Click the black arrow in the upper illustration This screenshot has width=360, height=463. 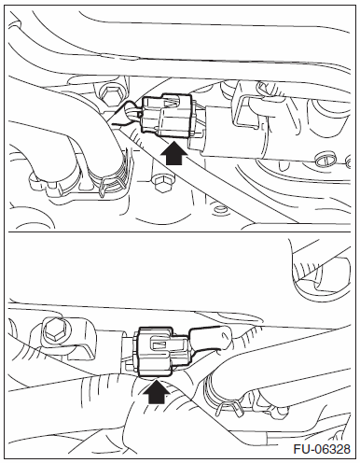[174, 152]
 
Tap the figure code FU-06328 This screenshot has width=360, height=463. [322, 449]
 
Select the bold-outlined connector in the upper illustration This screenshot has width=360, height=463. [167, 115]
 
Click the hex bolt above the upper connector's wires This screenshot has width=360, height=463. [109, 94]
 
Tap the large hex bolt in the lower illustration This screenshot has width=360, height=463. [55, 330]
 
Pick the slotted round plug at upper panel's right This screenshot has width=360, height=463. [325, 160]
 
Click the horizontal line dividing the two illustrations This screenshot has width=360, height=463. [180, 231]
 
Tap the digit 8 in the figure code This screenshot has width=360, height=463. [346, 449]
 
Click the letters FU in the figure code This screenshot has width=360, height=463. [301, 449]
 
